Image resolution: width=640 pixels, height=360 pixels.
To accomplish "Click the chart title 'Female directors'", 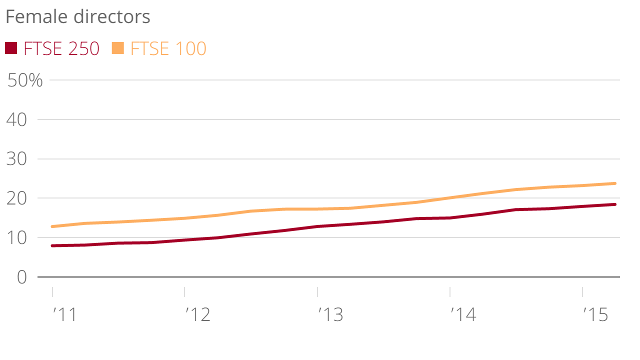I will [x=77, y=17].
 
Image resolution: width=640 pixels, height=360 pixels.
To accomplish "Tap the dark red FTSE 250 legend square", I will [x=11, y=48].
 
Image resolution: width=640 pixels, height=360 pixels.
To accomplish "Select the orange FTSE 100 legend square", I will [x=117, y=48].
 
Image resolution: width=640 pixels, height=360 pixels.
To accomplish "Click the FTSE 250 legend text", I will [x=61, y=49].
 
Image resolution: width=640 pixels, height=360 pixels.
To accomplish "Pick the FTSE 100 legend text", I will [x=168, y=49].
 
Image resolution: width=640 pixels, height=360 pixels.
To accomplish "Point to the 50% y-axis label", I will [x=25, y=80].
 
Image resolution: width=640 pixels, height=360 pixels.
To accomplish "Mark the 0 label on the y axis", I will [x=21, y=277].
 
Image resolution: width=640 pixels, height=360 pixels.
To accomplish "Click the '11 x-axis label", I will [x=64, y=315].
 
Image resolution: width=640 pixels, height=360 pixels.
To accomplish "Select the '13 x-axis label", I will [x=330, y=315].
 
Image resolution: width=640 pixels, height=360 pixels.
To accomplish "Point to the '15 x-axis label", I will [x=595, y=315].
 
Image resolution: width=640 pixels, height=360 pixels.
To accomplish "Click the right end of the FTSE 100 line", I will [x=614, y=183].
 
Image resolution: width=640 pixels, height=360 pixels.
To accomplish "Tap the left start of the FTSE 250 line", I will [x=52, y=245].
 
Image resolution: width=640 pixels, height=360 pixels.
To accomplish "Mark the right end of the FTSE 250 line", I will [x=614, y=204].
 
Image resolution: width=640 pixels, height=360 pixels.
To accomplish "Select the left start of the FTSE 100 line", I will [x=52, y=226].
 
